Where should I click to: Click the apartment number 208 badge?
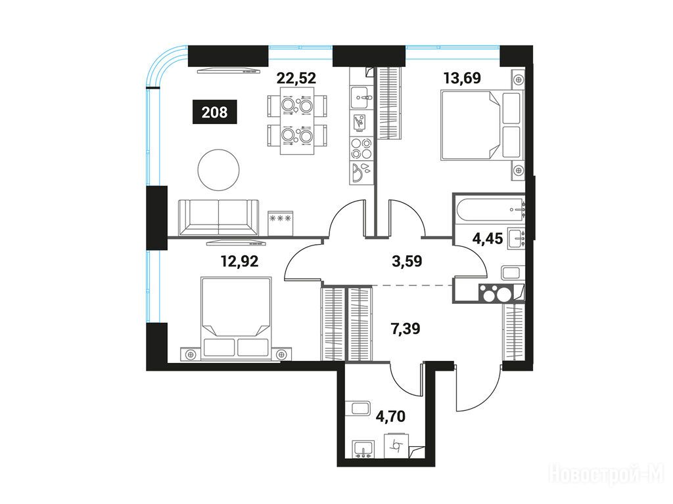tap(215, 112)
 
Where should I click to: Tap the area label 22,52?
tap(296, 78)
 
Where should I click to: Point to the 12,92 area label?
tap(239, 261)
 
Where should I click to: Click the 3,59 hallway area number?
tap(407, 261)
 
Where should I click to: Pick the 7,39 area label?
tap(405, 329)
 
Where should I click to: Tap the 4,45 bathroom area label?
tap(487, 238)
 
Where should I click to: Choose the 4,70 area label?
tap(390, 415)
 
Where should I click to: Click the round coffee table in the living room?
tap(218, 171)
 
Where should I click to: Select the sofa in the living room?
tap(218, 217)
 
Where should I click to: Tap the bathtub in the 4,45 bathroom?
tap(489, 209)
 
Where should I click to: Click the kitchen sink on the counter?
tap(360, 97)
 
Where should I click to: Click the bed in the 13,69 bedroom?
tap(482, 125)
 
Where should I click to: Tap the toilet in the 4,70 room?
tap(398, 446)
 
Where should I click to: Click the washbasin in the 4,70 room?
tap(363, 450)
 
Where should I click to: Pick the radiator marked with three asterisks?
tap(280, 223)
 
